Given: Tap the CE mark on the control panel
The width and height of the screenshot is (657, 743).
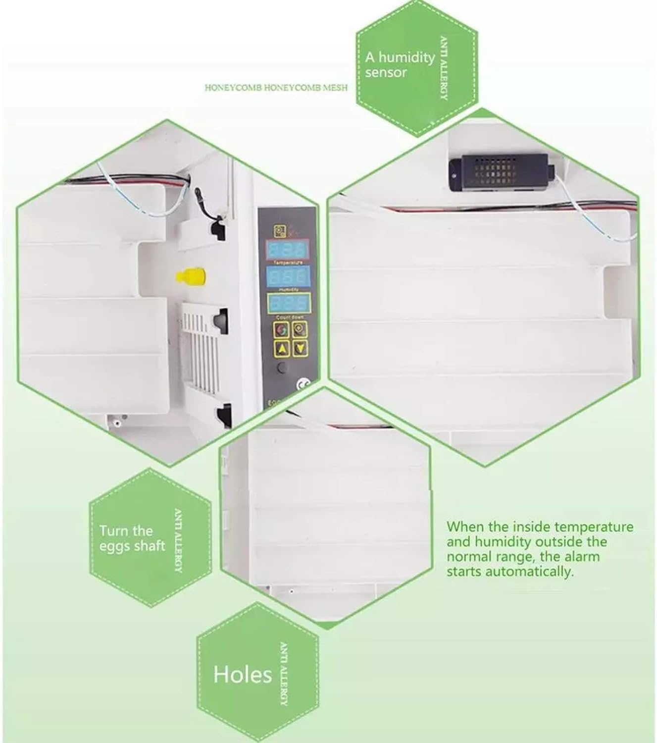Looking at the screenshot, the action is point(301,384).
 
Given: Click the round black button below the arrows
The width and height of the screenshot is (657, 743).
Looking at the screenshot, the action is point(282,368).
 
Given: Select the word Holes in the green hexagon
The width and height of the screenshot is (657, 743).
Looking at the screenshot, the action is point(243,675).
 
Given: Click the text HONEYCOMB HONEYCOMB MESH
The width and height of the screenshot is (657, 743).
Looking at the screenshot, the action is point(276,88).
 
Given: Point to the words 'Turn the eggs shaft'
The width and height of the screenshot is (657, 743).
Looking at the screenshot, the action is point(132,538).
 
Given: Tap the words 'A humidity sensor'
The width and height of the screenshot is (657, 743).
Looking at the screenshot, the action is point(399,65).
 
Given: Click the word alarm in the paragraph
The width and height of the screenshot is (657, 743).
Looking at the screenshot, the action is point(580,556).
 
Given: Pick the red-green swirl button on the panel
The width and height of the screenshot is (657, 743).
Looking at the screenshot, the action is point(282,329).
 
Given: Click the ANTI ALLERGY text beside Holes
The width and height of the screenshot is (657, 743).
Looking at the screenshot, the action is point(284,674).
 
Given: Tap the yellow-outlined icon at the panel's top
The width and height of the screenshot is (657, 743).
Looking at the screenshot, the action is point(280,231).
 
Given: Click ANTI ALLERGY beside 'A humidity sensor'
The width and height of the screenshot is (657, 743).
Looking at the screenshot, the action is point(444,68).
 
